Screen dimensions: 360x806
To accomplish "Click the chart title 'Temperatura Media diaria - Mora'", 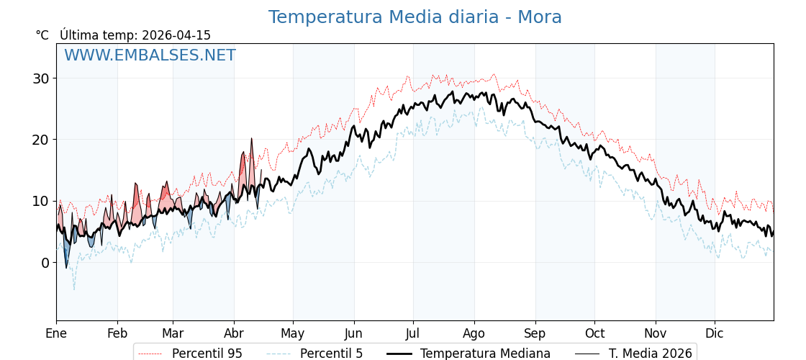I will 415,17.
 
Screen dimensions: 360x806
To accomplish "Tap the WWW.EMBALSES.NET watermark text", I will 150,55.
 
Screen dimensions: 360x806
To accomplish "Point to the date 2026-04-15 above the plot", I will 176,35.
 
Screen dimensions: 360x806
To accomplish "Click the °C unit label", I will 42,35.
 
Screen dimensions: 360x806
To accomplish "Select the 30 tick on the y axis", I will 40,78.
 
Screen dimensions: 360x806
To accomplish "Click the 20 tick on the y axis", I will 40,140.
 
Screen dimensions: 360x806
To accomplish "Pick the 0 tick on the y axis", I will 45,263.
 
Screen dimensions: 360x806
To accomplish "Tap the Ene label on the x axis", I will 56,333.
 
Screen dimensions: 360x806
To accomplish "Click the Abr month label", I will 234,333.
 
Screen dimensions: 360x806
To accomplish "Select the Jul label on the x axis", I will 413,333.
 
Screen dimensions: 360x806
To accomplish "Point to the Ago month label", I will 474,333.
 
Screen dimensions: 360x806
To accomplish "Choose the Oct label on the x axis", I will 594,333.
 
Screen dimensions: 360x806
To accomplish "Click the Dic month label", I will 715,333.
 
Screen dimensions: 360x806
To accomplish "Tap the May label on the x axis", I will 293,333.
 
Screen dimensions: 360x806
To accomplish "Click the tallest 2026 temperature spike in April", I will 251,139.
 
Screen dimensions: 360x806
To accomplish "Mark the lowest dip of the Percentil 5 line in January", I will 73,289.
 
